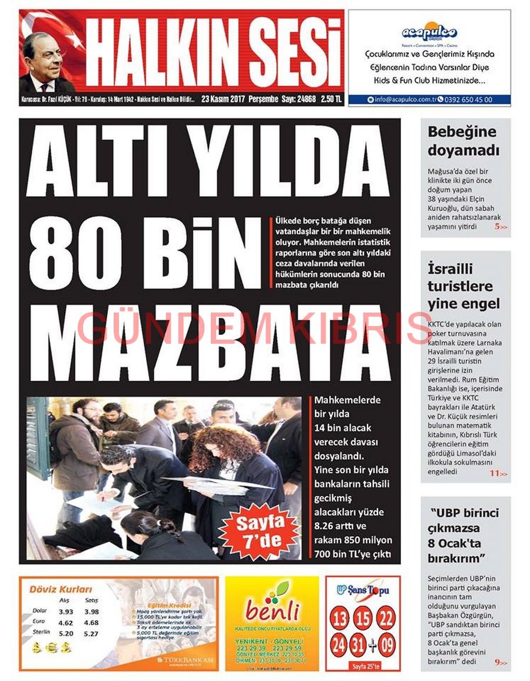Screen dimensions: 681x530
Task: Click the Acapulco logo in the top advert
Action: pos(429,32)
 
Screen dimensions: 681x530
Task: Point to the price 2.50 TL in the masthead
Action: pos(331,100)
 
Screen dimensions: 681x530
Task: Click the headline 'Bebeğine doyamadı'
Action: pos(463,141)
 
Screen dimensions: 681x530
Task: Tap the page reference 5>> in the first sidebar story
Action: pos(500,227)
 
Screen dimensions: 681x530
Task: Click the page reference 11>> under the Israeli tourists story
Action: pos(498,473)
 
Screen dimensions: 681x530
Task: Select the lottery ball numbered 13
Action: pos(341,619)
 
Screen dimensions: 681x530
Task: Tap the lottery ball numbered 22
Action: pos(386,619)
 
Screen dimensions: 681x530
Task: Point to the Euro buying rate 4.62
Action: pos(66,622)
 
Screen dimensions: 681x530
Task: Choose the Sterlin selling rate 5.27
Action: pos(91,633)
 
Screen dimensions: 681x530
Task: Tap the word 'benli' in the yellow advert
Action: pos(272,610)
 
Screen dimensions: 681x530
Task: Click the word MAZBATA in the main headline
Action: pos(209,338)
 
